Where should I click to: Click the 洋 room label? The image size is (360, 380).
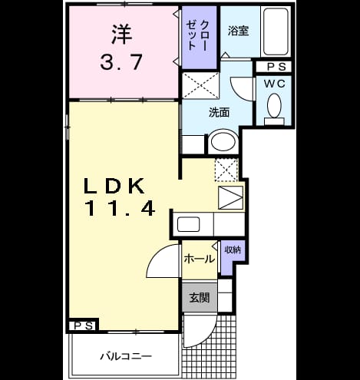point(122,34)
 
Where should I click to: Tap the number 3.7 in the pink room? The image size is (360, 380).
point(121,62)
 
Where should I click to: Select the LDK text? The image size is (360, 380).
point(114,186)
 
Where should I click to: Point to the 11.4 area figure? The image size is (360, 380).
point(120,208)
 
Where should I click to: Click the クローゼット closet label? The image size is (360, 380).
point(198,35)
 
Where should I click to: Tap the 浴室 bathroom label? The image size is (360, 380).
point(238,31)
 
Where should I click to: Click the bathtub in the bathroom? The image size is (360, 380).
point(276,31)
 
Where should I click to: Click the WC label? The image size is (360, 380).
point(275,84)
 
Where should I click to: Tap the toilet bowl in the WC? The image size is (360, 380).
point(274,106)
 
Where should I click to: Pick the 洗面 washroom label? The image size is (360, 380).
point(219,112)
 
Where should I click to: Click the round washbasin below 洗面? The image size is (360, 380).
point(223,142)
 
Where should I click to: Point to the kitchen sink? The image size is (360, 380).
point(189,224)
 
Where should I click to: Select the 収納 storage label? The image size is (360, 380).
point(233,249)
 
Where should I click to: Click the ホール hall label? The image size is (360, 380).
point(200,259)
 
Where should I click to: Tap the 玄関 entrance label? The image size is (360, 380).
point(200,298)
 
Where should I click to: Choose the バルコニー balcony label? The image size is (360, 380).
point(126,356)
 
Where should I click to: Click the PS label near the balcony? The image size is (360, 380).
point(84,326)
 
